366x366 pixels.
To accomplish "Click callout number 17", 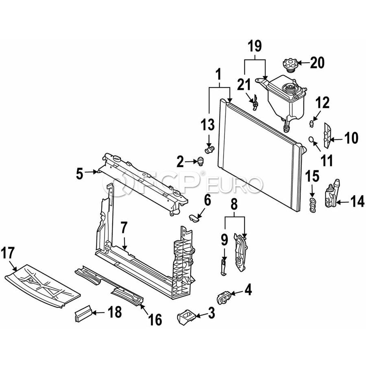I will point(9,253).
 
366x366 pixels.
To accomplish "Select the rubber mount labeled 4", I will point(225,298).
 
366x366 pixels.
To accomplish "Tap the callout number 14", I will point(358,201).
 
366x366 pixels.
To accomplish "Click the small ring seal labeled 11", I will point(311,139).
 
